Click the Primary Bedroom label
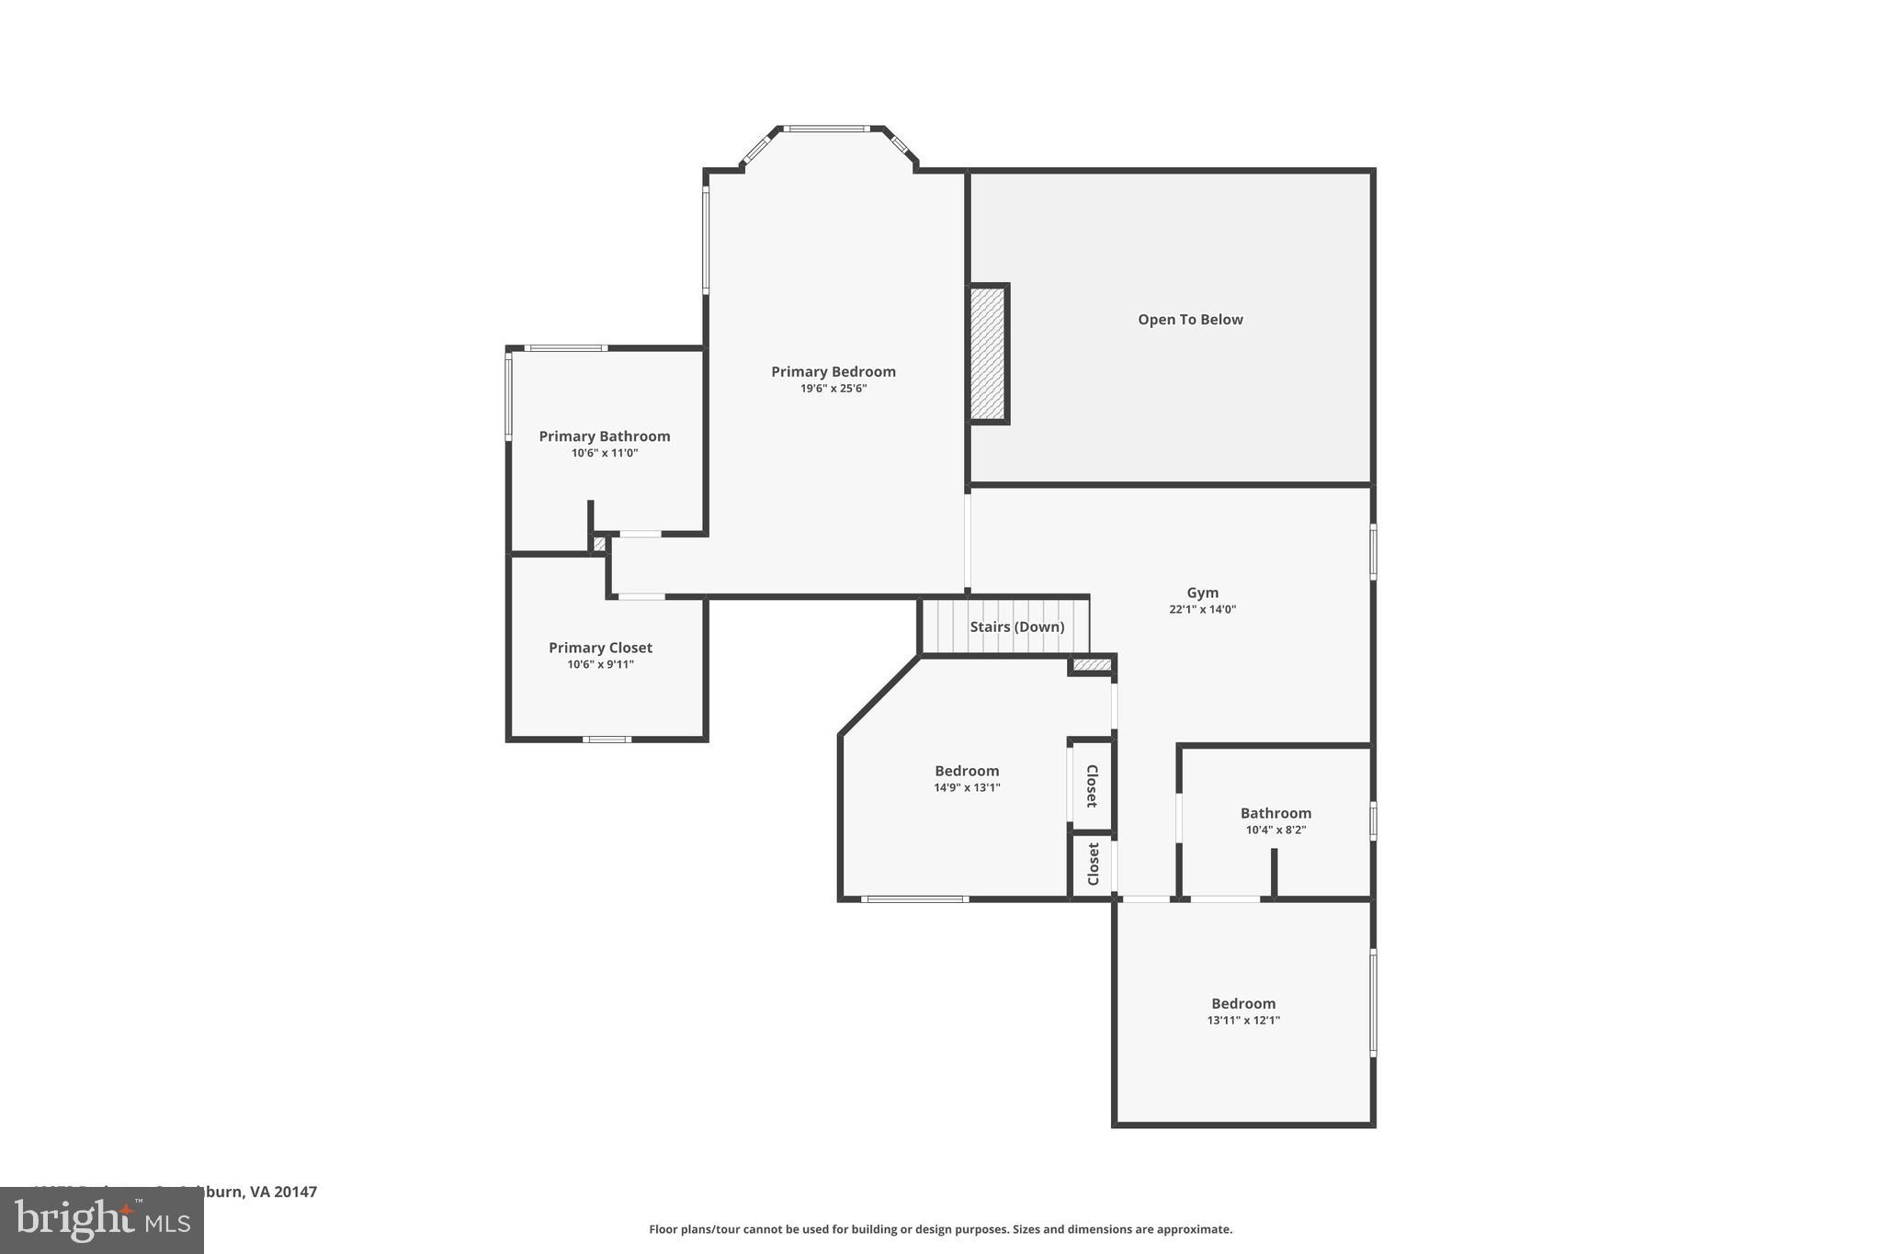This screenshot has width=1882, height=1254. point(833,371)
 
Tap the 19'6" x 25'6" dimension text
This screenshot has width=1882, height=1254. point(833,389)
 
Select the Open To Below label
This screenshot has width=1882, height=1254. point(1190,320)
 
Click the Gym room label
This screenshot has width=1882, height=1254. point(1202,593)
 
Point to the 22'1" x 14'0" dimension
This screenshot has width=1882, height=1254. point(1202,609)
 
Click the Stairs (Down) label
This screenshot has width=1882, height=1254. point(1016,627)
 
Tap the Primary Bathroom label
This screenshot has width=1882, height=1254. point(604,436)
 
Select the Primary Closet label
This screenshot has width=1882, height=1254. point(600,648)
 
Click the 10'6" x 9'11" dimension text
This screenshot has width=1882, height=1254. point(600,664)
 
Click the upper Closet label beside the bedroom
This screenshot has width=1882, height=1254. point(1092,785)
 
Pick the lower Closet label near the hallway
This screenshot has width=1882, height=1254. point(1093,864)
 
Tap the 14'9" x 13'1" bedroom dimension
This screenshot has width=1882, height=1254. point(967,787)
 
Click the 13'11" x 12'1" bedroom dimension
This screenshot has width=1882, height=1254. point(1242,1020)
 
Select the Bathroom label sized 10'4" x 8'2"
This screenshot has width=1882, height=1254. point(1275,813)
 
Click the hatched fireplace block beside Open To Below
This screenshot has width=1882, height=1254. point(988,354)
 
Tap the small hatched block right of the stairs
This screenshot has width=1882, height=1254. point(1092,664)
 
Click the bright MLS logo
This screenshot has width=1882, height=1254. point(102,1221)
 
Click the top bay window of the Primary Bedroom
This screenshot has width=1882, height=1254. point(826,129)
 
